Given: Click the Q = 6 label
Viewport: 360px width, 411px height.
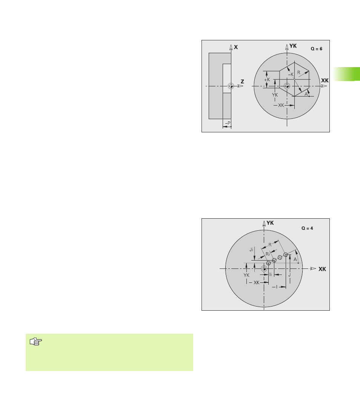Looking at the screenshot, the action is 317,49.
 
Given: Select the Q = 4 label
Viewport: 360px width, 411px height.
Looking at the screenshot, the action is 307,228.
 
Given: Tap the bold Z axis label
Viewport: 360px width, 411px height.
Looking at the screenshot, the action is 242,82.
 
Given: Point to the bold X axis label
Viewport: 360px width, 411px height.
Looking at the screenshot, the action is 236,47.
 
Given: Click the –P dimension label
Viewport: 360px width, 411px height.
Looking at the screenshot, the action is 228,123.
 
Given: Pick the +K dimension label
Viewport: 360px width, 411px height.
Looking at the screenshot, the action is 267,80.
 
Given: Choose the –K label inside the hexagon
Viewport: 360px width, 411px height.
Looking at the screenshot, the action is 291,75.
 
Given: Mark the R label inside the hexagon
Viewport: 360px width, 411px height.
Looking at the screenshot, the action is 298,73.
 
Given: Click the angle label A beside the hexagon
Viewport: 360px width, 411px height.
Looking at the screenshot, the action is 306,94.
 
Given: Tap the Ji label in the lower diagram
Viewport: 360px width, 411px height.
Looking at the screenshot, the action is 251,250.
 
